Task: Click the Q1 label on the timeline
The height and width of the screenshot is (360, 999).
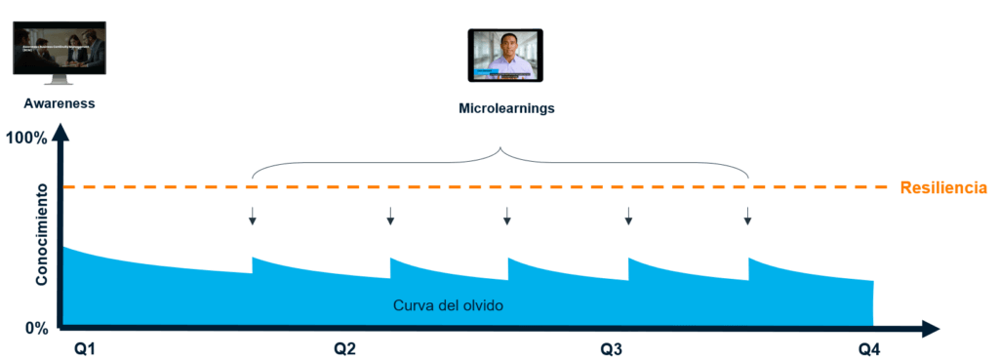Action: [85, 347]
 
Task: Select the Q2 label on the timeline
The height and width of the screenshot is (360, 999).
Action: [344, 347]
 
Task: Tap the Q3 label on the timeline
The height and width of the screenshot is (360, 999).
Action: [612, 347]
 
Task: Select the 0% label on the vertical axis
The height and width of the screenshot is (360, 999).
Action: [37, 328]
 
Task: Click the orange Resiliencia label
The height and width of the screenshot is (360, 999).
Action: [943, 187]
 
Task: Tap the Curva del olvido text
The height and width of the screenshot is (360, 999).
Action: [448, 305]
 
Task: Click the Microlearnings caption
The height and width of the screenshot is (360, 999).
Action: [505, 108]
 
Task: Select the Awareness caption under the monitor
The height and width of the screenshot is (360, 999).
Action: [55, 102]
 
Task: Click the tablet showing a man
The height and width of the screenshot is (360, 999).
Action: [506, 55]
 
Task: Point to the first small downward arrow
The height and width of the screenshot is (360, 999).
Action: [252, 216]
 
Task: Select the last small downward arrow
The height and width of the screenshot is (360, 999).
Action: [747, 216]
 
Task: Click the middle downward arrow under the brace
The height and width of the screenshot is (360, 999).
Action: [505, 216]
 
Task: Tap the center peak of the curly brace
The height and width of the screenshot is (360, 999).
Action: [500, 150]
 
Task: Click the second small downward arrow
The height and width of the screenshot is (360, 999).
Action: [390, 216]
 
